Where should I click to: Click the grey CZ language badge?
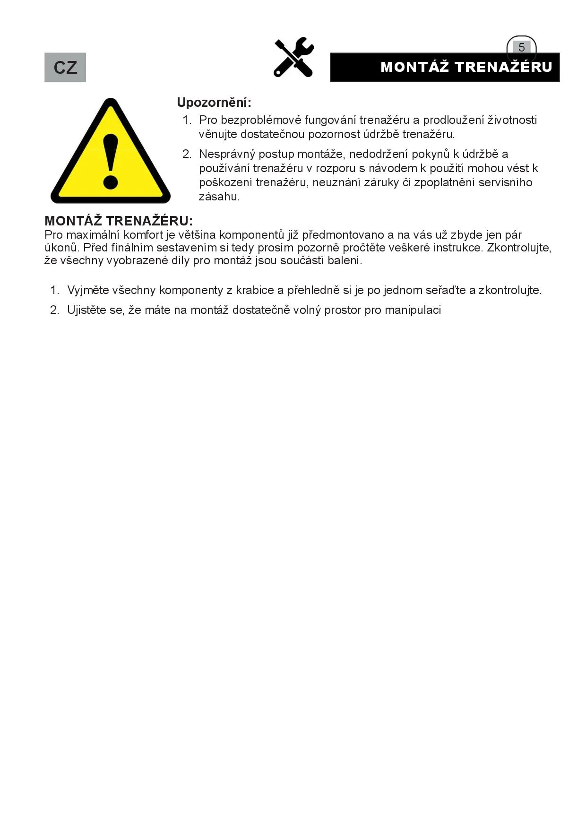click(65, 67)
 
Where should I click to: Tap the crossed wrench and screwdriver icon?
click(293, 57)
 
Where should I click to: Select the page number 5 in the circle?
click(521, 47)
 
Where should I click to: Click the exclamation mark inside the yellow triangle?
click(111, 161)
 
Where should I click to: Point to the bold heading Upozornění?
click(214, 102)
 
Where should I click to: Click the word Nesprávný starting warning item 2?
click(227, 154)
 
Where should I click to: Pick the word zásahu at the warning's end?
click(219, 197)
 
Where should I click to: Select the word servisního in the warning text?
click(505, 182)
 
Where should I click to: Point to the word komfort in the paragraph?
click(143, 235)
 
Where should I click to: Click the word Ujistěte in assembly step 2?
click(88, 310)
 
